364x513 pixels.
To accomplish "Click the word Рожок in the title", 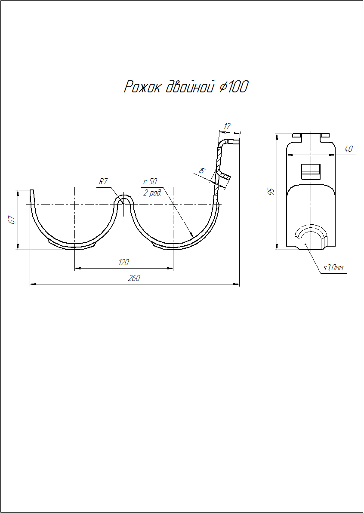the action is tap(142, 87).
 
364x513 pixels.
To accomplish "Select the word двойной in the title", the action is tap(189, 87).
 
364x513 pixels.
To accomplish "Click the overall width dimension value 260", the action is tap(134, 278).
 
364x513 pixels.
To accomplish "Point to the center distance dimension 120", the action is tap(123, 262).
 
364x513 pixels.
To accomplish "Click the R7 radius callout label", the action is tap(103, 182).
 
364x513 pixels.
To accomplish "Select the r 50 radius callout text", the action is tap(150, 182).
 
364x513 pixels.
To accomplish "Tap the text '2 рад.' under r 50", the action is tap(152, 193).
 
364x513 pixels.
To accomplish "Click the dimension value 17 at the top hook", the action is tap(227, 126).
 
